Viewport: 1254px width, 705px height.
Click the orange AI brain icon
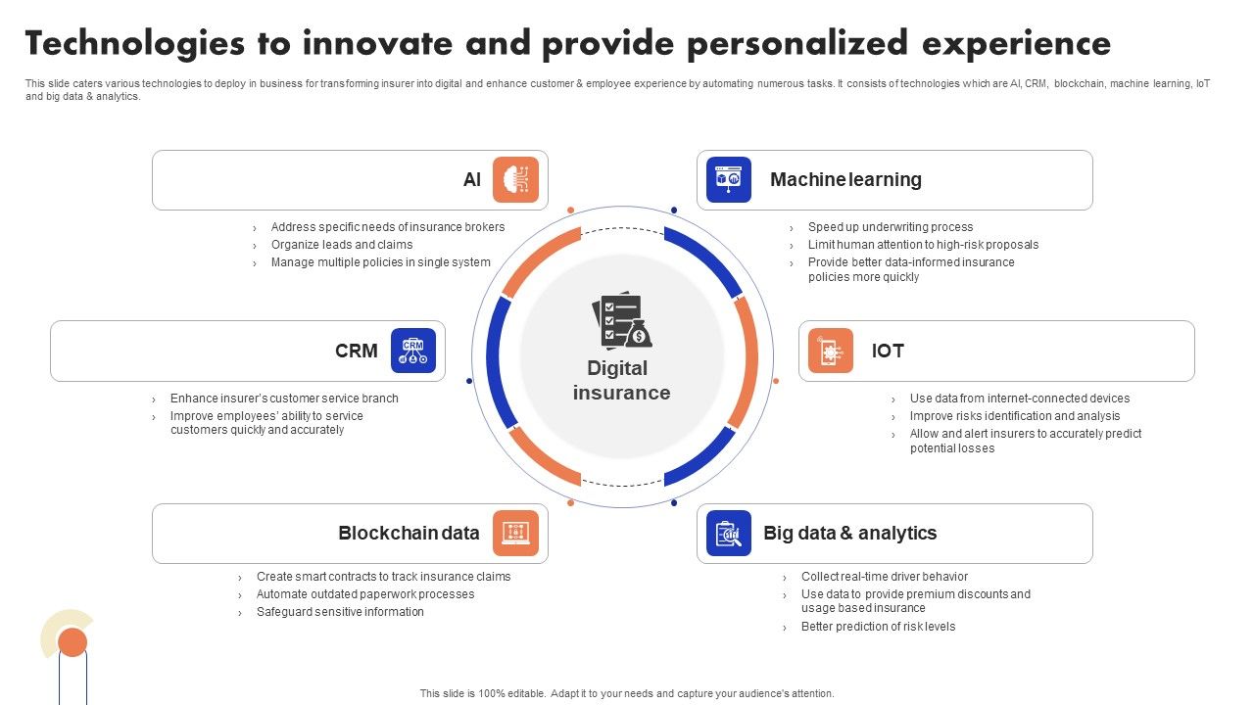point(515,180)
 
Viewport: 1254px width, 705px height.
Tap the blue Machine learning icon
point(729,180)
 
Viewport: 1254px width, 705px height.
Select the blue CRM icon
point(413,351)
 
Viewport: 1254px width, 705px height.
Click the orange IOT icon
point(831,351)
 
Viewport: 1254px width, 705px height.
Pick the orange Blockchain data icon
point(515,534)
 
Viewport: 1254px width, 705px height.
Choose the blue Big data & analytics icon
point(729,534)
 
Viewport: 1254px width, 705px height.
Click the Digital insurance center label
point(621,381)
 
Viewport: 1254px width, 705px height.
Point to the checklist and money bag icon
point(621,321)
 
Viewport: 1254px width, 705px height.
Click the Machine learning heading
point(845,180)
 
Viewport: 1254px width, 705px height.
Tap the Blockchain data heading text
point(409,534)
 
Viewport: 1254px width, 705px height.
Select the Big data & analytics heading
point(849,534)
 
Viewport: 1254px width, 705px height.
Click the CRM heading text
point(356,351)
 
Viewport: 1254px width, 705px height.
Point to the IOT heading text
point(888,351)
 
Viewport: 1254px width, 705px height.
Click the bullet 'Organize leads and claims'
point(342,245)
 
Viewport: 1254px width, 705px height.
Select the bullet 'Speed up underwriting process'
point(890,227)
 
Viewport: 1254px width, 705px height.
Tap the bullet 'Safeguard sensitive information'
point(340,612)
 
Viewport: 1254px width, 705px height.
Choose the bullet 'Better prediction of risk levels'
point(878,627)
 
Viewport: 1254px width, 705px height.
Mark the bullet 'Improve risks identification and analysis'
point(1015,416)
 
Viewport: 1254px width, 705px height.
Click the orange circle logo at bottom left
point(72,642)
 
